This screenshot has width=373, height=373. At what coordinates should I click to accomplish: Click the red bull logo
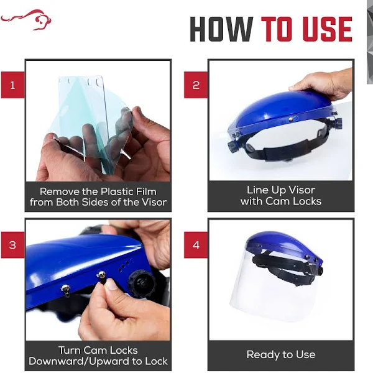[x=26, y=20]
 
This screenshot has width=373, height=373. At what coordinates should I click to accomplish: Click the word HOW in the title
[x=221, y=29]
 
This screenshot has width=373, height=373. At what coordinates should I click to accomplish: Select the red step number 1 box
[x=12, y=85]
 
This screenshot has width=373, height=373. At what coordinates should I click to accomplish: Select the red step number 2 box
[x=196, y=85]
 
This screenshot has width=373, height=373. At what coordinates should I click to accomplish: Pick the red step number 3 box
[x=12, y=245]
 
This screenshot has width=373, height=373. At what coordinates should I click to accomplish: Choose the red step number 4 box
[x=196, y=245]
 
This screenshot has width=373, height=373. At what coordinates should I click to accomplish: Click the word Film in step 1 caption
[x=146, y=191]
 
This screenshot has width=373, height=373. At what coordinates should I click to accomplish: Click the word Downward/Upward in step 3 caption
[x=79, y=361]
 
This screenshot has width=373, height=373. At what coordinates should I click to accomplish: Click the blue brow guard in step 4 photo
[x=283, y=245]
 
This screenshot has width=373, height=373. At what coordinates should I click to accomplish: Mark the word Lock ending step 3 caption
[x=156, y=361]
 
